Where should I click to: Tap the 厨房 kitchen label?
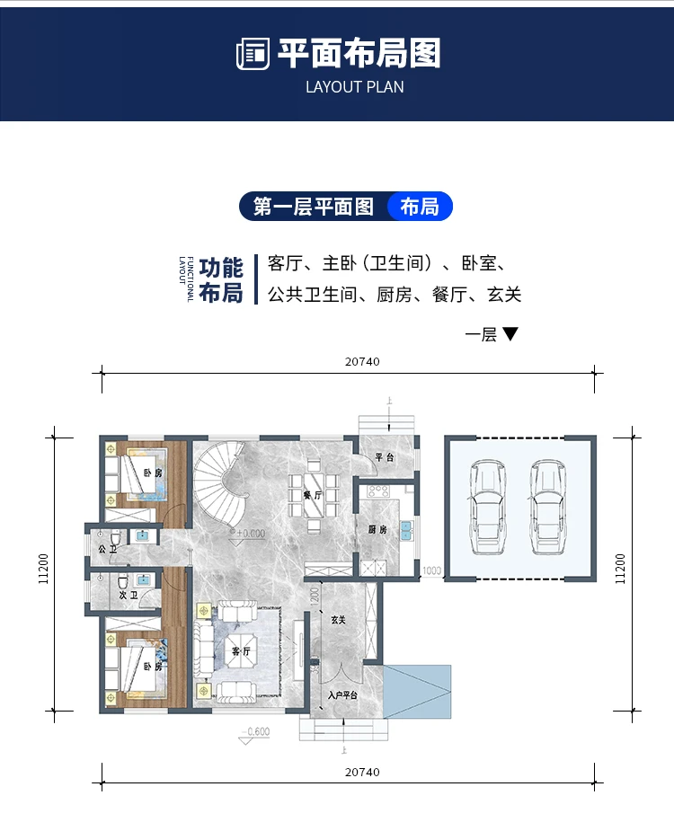[x=376, y=529]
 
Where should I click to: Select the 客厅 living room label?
[x=241, y=651]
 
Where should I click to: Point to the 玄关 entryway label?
[x=338, y=620]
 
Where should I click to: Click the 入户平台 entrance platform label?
[x=342, y=694]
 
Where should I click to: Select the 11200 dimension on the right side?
[x=620, y=570]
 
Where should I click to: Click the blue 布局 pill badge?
[x=420, y=207]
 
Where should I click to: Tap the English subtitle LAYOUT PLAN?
[x=355, y=87]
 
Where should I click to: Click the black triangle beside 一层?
[x=510, y=334]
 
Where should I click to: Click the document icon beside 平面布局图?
[x=253, y=55]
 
